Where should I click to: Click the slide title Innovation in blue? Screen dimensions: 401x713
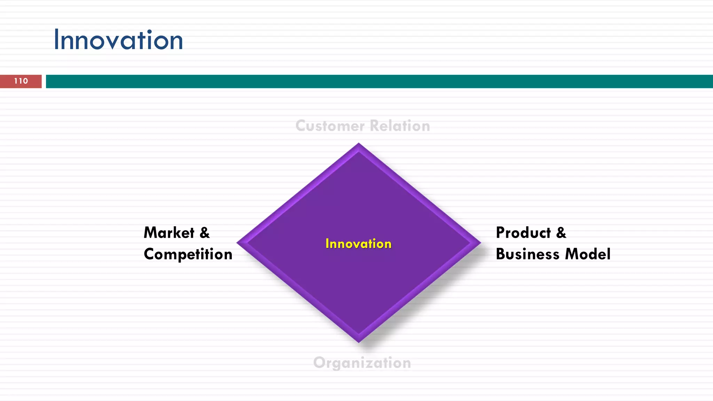tap(118, 40)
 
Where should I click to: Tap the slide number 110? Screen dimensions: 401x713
tap(21, 81)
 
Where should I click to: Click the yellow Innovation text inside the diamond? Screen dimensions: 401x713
tap(358, 244)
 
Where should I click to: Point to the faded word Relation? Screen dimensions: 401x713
tap(400, 126)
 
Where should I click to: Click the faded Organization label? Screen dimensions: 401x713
tap(362, 363)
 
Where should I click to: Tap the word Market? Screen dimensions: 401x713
tap(169, 233)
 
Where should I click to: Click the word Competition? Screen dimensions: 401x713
tap(188, 254)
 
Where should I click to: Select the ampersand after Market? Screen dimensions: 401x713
tap(205, 233)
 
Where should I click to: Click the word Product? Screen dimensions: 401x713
tap(523, 233)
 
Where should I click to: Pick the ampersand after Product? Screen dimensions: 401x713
tap(561, 233)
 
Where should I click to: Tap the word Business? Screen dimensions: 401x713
tap(527, 254)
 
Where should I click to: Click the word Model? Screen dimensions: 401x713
tap(588, 254)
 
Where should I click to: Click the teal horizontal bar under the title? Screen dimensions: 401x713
tap(379, 81)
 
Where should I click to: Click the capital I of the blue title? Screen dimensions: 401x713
tap(56, 40)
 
